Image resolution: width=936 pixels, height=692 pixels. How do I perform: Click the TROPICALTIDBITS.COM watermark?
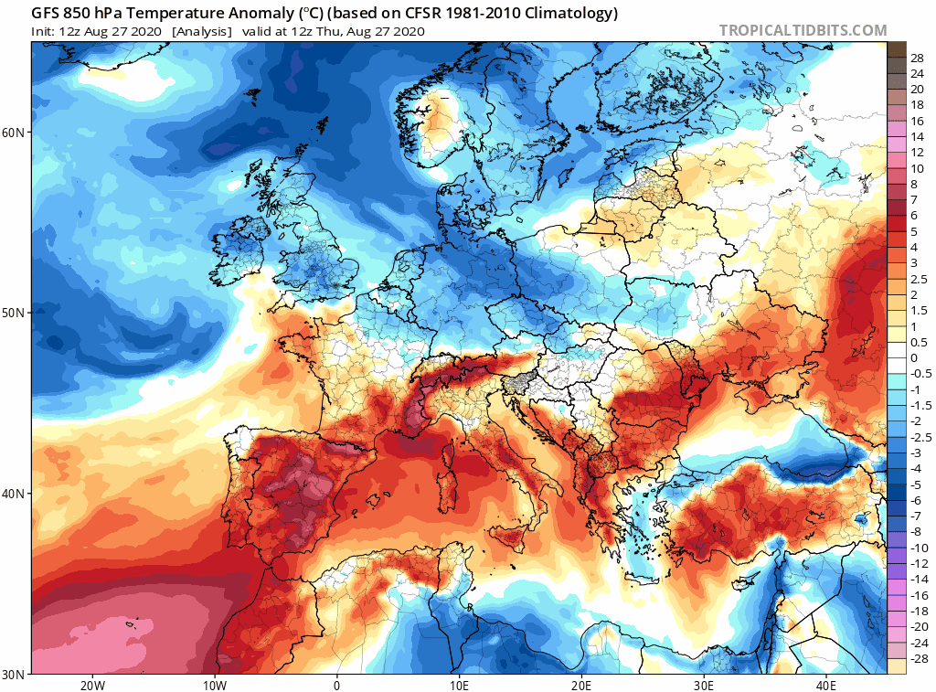(x=803, y=30)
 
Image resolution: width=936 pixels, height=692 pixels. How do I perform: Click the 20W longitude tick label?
(x=91, y=686)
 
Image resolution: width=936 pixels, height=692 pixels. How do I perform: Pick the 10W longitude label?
(x=214, y=686)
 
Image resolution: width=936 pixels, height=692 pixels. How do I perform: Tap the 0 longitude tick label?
(x=337, y=686)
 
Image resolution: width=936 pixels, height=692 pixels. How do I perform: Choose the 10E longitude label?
(x=459, y=686)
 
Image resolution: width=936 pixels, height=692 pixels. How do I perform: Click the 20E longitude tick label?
(x=581, y=686)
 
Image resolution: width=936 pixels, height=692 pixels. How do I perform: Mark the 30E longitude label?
(x=704, y=686)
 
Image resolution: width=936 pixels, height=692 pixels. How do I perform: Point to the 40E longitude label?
(x=826, y=686)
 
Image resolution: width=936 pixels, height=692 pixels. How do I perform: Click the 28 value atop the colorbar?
(x=917, y=58)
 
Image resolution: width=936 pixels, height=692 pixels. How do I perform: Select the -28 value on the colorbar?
(x=918, y=658)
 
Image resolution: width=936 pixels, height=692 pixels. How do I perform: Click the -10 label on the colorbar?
(x=918, y=547)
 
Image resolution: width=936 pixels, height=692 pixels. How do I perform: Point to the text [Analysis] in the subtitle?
(x=200, y=31)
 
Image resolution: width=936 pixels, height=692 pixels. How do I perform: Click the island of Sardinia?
(x=448, y=476)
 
